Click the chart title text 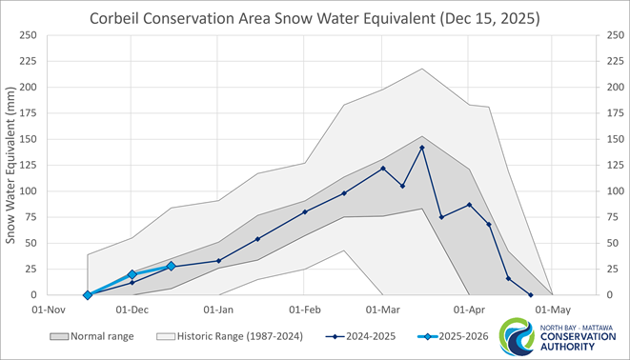tap(315, 18)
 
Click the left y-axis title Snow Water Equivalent tap(12, 164)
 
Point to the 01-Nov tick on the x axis tap(49, 310)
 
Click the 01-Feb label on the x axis tap(305, 310)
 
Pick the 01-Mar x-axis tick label tap(383, 310)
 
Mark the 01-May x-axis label tap(553, 310)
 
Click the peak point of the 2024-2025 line tap(422, 148)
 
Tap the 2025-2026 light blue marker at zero tap(88, 295)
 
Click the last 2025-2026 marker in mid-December tap(172, 267)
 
